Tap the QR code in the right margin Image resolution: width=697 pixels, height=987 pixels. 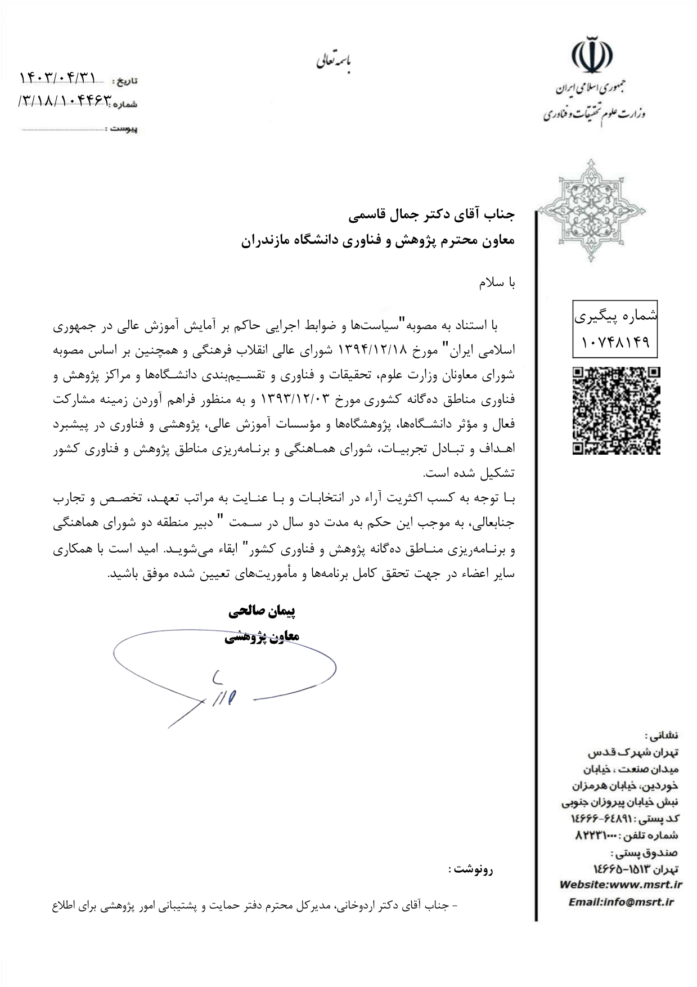click(616, 411)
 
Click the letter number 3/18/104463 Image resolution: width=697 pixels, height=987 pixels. click(66, 101)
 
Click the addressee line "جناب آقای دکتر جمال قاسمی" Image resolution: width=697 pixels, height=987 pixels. click(431, 214)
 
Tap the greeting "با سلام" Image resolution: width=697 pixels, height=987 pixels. click(497, 284)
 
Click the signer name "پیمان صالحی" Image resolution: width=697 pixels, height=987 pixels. click(262, 611)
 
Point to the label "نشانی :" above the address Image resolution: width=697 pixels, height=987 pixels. click(665, 735)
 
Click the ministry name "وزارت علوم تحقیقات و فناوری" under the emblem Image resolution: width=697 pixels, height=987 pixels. click(594, 114)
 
